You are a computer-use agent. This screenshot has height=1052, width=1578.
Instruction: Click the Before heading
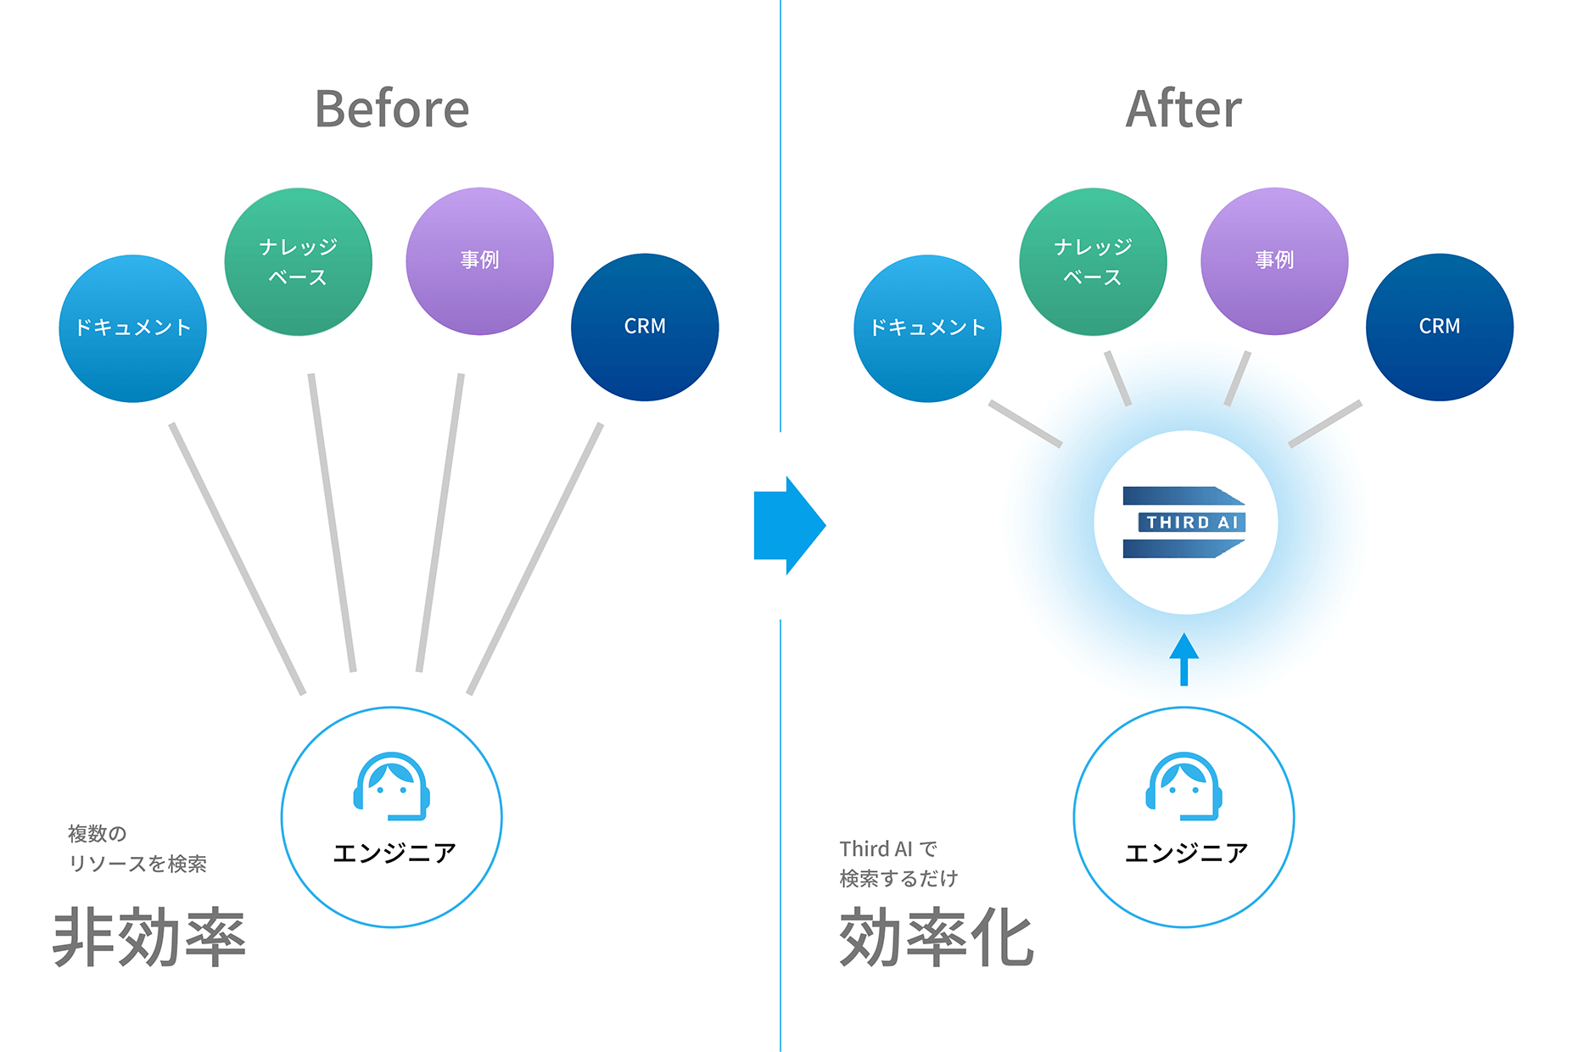392,109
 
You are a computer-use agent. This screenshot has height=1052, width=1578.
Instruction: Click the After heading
1183,109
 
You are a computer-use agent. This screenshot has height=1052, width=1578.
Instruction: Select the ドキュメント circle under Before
133,328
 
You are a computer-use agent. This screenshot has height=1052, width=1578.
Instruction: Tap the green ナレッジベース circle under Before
298,261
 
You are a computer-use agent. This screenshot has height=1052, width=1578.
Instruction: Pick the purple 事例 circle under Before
479,260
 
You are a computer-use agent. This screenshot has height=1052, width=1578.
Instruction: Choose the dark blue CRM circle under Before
645,327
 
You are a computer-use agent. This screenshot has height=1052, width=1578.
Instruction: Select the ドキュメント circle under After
927,328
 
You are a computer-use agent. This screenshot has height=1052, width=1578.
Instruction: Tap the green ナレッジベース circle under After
1093,261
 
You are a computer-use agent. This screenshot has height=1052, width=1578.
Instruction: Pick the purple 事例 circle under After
1274,260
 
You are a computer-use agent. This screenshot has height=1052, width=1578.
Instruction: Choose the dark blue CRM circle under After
1440,327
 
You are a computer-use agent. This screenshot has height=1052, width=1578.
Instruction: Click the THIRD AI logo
1184,522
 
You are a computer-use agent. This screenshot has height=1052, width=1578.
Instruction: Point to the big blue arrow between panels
788,525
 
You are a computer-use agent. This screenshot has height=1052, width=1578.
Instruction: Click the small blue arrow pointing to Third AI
1183,658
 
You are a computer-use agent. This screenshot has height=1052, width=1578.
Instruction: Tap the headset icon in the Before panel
391,786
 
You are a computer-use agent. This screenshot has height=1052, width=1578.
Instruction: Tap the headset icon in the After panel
1183,786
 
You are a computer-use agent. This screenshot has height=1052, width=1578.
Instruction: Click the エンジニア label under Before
394,853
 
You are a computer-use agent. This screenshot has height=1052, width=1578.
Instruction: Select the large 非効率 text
149,937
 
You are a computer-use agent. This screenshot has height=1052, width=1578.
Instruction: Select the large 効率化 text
937,937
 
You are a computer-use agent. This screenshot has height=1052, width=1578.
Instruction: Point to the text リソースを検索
137,864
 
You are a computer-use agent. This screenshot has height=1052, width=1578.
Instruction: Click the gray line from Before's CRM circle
534,558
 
